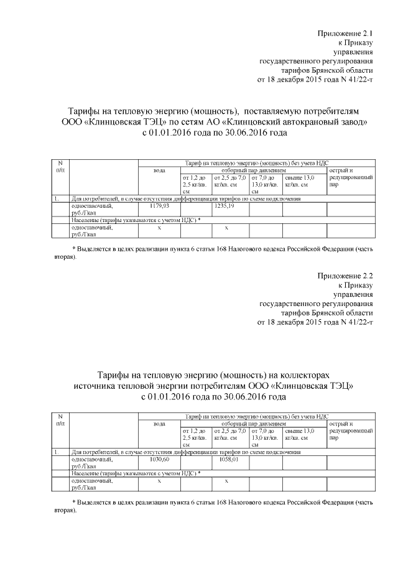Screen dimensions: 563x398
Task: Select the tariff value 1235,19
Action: [x=224, y=205]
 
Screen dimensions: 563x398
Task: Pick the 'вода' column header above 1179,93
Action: [x=159, y=170]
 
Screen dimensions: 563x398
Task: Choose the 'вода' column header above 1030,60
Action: [x=159, y=424]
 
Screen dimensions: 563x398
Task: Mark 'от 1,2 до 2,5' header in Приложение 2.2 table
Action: [x=195, y=434]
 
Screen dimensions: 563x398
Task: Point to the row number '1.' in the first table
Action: [x=57, y=198]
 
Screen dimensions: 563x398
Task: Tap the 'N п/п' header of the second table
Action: [x=60, y=420]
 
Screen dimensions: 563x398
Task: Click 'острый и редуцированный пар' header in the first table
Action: [x=351, y=177]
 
